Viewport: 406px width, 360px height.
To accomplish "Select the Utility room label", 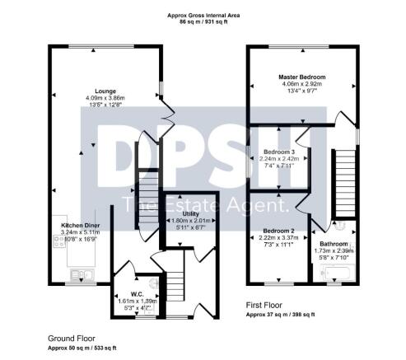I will [190, 213].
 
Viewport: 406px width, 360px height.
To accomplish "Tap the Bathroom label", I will [334, 245].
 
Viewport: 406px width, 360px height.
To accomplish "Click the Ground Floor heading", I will [71, 339].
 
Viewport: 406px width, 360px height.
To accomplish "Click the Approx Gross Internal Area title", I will [203, 15].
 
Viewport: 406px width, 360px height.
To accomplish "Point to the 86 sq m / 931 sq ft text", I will [203, 22].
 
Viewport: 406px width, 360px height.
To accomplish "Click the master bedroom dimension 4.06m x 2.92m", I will [304, 84].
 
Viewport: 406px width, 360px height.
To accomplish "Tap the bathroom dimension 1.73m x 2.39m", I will [334, 251].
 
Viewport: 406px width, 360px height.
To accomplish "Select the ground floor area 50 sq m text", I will [82, 348].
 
